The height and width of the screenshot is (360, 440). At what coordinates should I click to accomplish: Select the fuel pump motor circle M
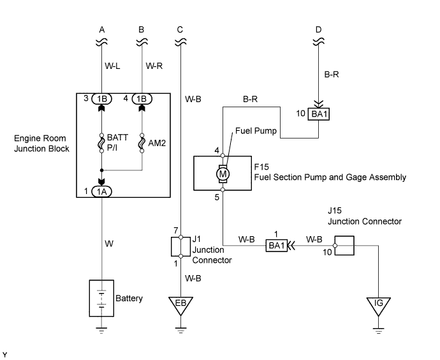[x=223, y=172]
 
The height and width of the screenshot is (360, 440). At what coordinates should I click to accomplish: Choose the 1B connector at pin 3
[x=102, y=99]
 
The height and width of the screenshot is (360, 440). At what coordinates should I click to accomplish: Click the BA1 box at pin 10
[x=319, y=115]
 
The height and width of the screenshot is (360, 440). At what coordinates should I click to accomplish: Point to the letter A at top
[x=102, y=29]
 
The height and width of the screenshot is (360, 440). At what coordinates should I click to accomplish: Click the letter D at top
[x=318, y=29]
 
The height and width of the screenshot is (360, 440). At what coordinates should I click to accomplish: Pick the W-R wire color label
[x=155, y=65]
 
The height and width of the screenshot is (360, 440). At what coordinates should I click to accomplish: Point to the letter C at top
[x=180, y=29]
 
